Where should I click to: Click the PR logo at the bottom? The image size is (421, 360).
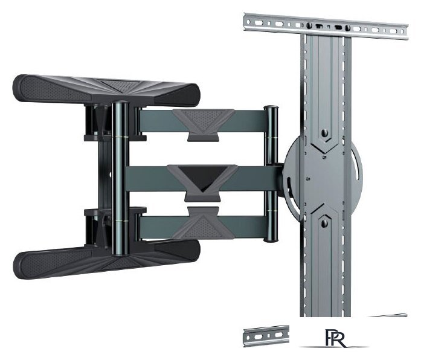tap(336, 338)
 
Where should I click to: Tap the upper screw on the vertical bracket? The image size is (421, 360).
tap(325, 133)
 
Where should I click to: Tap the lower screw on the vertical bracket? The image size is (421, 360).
tap(324, 223)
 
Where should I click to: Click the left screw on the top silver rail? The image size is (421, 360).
tap(309, 25)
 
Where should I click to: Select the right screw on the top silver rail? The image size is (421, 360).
tap(347, 27)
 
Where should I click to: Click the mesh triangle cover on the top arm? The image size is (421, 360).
tap(204, 120)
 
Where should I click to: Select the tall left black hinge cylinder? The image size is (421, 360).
tap(120, 178)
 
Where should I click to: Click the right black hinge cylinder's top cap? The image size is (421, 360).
tap(271, 108)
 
